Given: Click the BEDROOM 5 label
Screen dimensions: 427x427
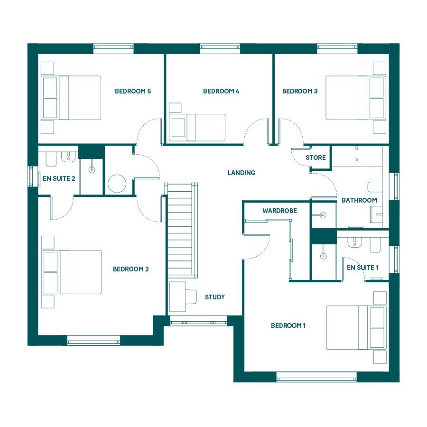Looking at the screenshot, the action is click(133, 91).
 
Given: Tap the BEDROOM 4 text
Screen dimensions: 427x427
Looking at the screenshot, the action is click(221, 91).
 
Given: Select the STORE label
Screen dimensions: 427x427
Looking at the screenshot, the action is click(316, 158).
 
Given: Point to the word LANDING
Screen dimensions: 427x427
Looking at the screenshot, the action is click(241, 173).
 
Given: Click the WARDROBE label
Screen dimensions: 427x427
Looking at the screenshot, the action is click(279, 211).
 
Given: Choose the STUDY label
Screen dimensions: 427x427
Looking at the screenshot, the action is click(215, 297).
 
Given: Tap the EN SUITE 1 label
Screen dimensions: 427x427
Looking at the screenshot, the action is click(363, 268).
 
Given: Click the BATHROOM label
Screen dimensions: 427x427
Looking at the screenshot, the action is click(360, 200).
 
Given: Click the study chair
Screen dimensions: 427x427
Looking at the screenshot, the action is click(191, 297).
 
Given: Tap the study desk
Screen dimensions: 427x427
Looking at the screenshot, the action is click(177, 297).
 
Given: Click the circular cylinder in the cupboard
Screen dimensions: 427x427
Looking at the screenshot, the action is click(117, 184).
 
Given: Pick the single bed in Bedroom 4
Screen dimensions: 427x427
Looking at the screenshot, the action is click(197, 128).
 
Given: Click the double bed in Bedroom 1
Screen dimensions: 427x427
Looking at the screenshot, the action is click(356, 327).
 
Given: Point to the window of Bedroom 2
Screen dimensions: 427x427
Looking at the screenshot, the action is click(93, 340).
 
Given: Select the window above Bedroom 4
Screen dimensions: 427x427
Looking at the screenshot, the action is click(220, 49).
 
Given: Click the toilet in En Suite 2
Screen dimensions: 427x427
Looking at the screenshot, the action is click(51, 159).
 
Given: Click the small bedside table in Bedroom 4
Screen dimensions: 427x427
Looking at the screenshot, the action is click(175, 108).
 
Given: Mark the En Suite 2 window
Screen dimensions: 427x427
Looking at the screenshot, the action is click(33, 176).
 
